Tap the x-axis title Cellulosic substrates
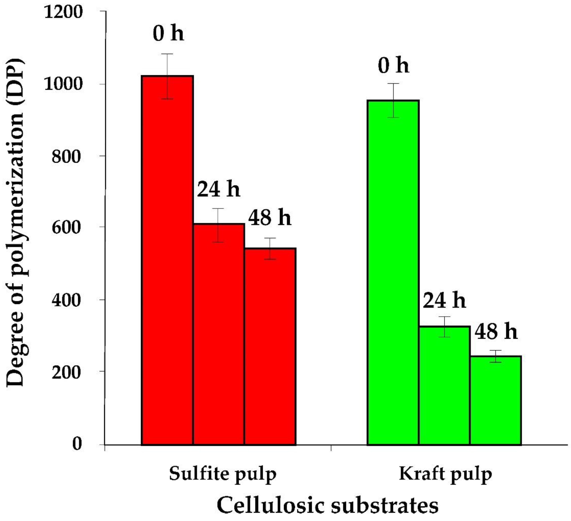(x=328, y=505)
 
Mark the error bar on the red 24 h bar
(x=219, y=225)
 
